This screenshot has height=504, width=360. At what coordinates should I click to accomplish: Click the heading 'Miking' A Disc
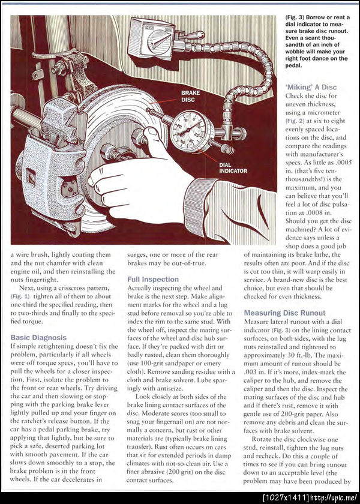click(x=311, y=87)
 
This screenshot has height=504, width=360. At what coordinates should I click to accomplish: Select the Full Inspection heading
click(x=153, y=279)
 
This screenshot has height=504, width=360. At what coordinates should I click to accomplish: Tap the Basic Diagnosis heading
click(x=38, y=338)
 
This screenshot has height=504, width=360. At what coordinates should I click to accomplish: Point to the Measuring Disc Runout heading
click(x=284, y=313)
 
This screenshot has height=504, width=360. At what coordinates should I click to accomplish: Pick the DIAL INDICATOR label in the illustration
click(x=233, y=167)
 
